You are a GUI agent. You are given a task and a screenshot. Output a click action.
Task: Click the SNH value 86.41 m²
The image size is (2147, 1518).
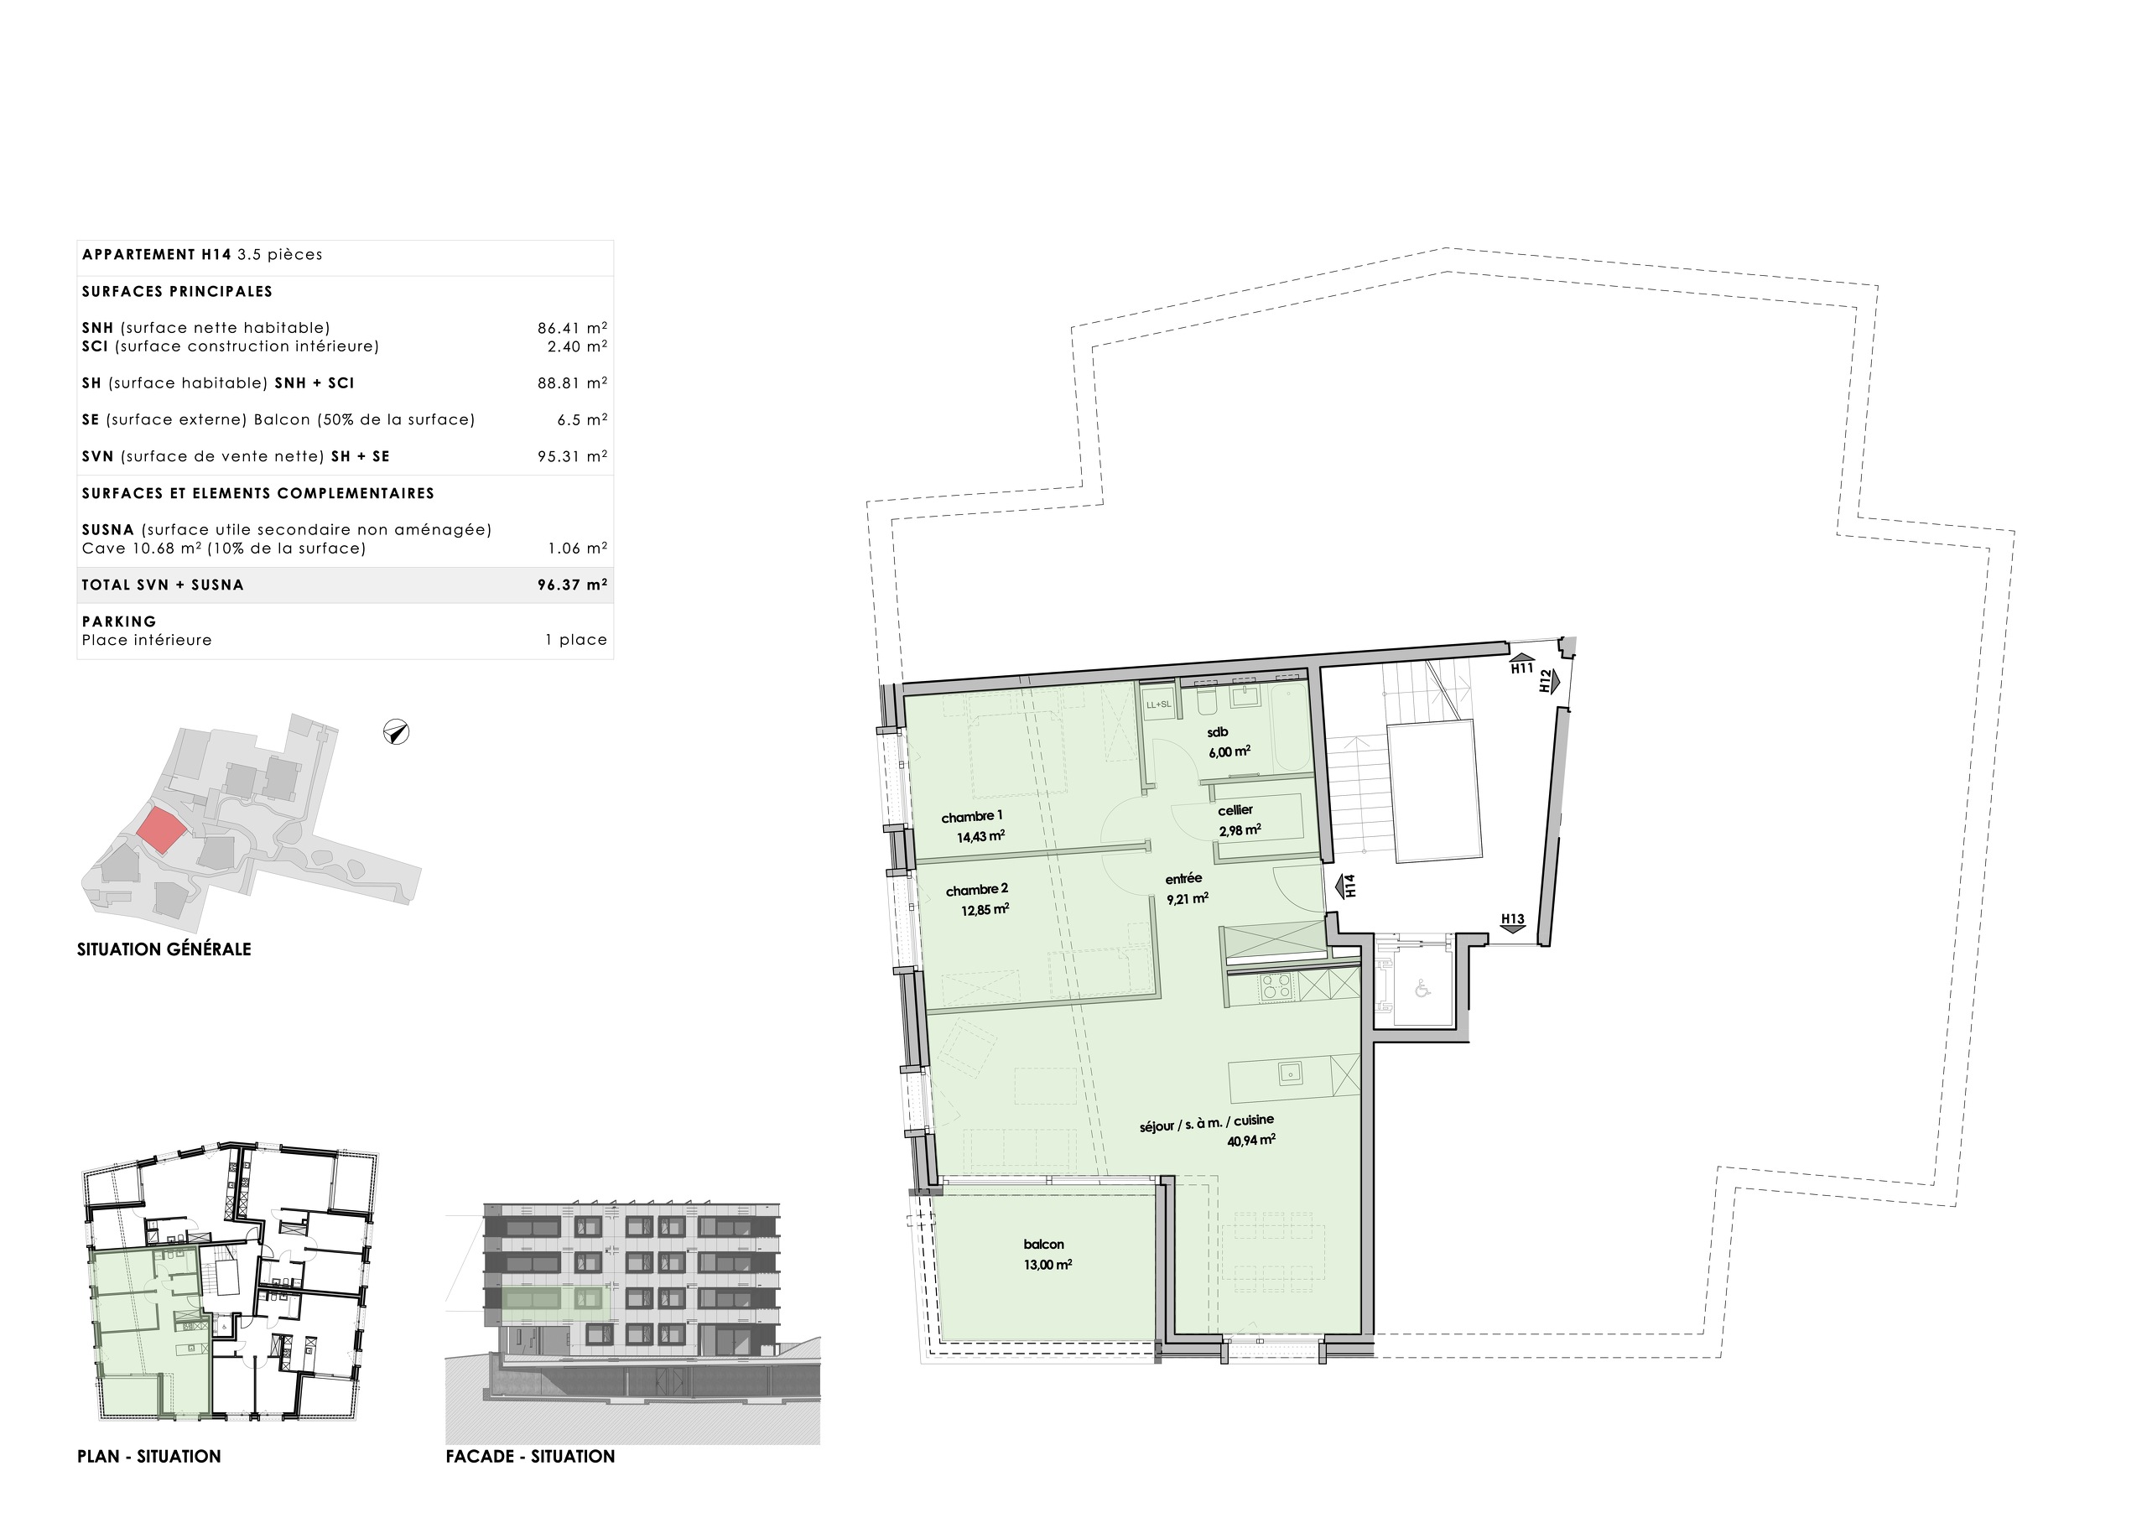(x=571, y=328)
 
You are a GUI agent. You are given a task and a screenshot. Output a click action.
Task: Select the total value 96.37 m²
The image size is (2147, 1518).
(x=571, y=585)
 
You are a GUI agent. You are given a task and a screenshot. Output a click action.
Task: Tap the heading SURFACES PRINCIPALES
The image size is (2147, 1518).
(x=177, y=292)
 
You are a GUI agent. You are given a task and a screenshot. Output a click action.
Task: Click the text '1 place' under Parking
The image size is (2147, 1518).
(x=576, y=640)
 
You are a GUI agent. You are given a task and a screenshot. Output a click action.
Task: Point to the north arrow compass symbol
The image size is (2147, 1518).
(x=397, y=732)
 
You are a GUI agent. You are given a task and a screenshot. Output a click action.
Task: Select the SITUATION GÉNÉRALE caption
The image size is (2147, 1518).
(x=164, y=949)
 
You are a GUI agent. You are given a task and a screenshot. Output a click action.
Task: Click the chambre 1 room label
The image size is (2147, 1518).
(x=971, y=817)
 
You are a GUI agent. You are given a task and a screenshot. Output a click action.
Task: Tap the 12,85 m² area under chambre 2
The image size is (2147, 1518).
(x=985, y=909)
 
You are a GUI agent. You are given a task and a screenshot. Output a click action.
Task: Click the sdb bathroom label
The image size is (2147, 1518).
(x=1217, y=732)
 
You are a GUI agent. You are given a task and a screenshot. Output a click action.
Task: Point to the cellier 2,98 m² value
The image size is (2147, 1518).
(x=1239, y=829)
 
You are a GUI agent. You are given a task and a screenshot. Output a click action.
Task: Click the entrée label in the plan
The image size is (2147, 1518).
(x=1183, y=879)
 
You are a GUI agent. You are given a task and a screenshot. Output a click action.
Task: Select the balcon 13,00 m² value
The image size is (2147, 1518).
(x=1048, y=1265)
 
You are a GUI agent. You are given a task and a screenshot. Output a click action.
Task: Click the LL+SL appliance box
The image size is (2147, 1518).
(x=1158, y=704)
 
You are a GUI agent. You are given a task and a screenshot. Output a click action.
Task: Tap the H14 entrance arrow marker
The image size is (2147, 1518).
(x=1347, y=886)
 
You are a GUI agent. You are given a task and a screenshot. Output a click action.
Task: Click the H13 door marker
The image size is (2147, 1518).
(x=1512, y=921)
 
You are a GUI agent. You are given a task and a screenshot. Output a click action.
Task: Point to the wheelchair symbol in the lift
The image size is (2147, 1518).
(x=1422, y=988)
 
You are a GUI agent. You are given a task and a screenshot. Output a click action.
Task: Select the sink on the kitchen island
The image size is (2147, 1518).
(x=1291, y=1074)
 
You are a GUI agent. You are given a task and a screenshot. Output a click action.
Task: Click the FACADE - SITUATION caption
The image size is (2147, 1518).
(x=530, y=1456)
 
